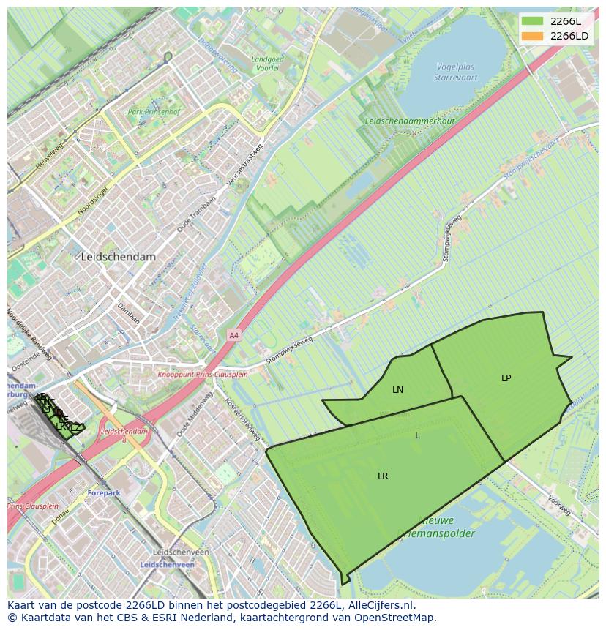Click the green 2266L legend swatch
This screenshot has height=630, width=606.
[532, 21]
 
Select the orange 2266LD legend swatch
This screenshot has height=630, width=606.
[532, 36]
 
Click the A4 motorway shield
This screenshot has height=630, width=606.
[233, 335]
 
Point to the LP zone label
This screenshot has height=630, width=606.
[506, 378]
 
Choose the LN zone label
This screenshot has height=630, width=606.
[397, 390]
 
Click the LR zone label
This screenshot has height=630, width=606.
[383, 476]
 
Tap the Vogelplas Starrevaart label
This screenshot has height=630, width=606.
[455, 71]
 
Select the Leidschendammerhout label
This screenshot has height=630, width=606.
[410, 121]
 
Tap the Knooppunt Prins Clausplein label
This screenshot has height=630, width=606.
[203, 374]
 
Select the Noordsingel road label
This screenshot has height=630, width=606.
[91, 200]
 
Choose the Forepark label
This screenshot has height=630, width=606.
[103, 493]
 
